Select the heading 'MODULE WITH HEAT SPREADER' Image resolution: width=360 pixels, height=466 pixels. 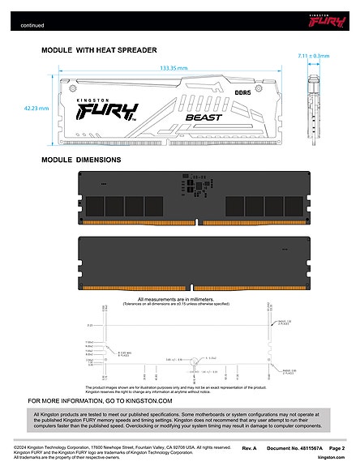(99, 50)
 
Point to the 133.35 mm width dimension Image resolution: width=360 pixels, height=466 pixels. (174, 69)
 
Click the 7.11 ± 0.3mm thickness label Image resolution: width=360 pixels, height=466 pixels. (314, 56)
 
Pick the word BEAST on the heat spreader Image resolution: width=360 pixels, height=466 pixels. (199, 118)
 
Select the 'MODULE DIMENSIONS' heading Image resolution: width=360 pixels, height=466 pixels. (81, 160)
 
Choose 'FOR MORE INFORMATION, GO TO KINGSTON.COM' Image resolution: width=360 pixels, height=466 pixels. (101, 400)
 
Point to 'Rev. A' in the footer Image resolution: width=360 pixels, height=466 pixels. (250, 447)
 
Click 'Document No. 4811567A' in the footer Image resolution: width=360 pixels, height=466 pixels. (294, 447)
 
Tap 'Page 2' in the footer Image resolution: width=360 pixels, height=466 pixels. (337, 447)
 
